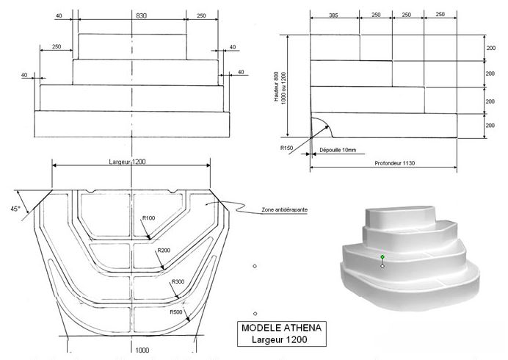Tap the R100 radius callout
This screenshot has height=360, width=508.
148,218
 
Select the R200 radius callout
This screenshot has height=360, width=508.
164,251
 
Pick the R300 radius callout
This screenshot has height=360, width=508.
178,282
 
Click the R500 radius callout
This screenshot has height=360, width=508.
176,312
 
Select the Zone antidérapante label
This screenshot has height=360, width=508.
284,210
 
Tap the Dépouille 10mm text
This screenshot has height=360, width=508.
337,150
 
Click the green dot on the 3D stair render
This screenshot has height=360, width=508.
382,256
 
